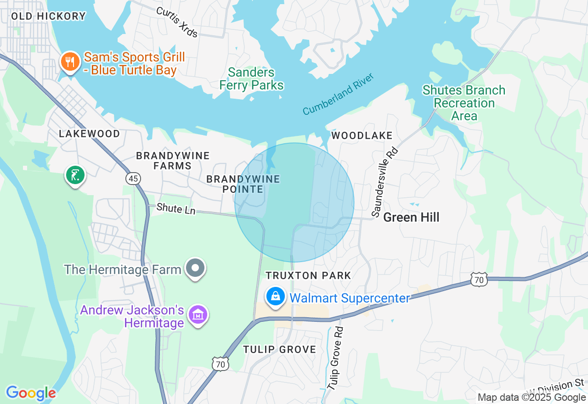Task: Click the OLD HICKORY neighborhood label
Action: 48,16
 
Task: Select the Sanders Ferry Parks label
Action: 251,79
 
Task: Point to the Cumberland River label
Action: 339,94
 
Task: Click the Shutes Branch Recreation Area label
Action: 464,103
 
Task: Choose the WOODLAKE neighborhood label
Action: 362,135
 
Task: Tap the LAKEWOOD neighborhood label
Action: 90,134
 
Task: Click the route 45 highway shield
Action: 134,179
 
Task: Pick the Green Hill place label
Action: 411,217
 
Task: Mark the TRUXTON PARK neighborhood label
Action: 309,275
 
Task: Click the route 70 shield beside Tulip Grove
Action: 220,364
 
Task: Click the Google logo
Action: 31,393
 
